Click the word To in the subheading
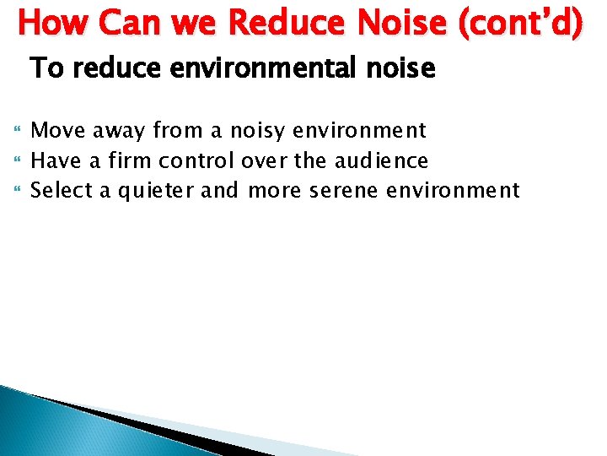point(46,68)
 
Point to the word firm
point(126,160)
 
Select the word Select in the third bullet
point(61,190)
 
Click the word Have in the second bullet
point(52,160)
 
